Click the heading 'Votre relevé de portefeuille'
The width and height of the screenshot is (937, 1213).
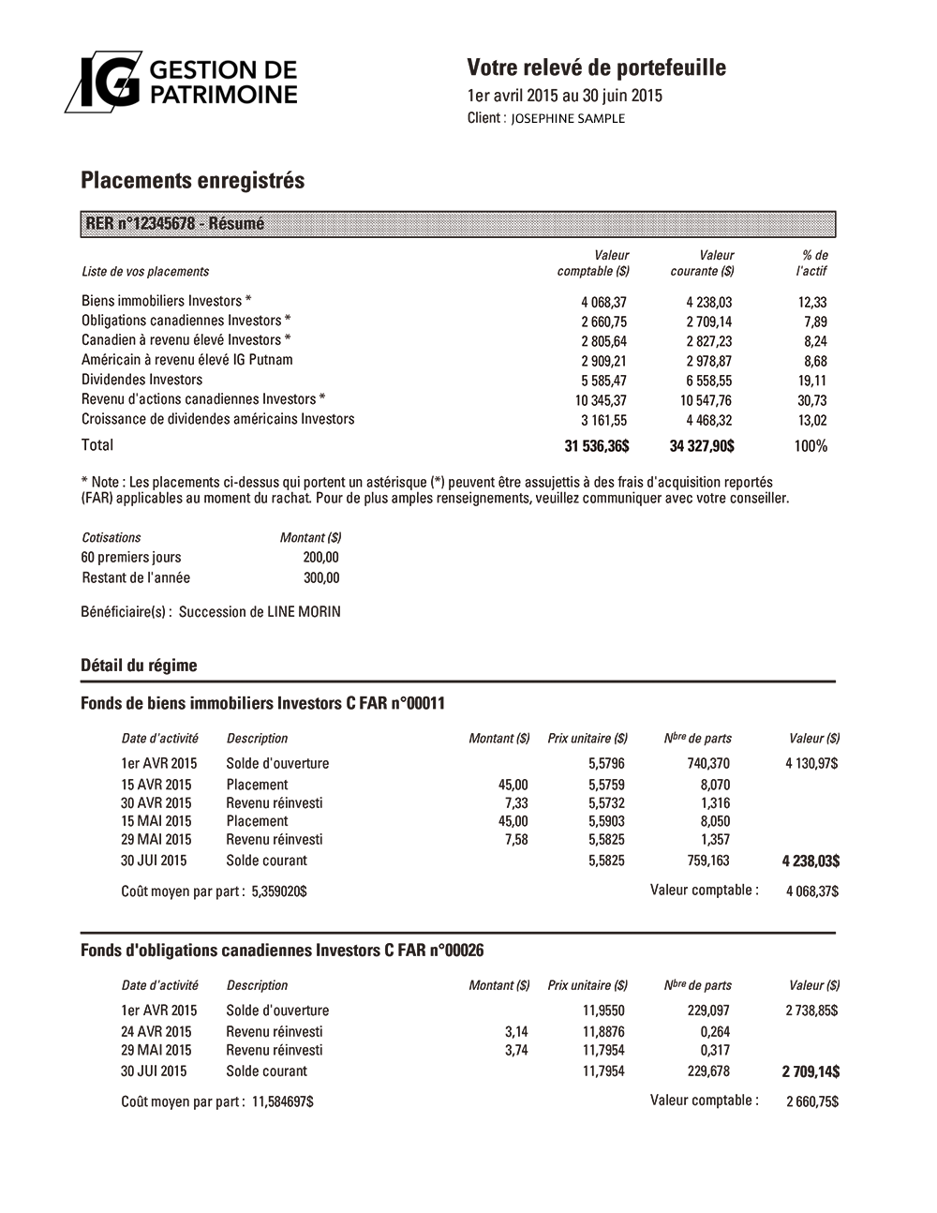596,67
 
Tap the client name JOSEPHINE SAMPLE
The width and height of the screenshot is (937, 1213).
568,118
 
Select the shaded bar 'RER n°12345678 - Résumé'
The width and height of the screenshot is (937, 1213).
457,224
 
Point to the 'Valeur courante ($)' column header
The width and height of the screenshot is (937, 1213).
702,263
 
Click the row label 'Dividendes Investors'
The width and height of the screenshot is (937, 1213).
141,380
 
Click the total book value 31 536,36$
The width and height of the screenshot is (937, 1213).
596,446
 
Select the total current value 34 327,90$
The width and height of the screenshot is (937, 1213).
702,446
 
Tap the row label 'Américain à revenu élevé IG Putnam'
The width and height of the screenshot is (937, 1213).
186,360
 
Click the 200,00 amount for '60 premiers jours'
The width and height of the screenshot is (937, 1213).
321,558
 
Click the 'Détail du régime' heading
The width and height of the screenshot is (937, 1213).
139,666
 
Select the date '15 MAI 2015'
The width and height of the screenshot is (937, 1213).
156,821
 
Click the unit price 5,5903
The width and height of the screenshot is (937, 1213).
606,821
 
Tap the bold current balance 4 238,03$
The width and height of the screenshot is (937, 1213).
811,861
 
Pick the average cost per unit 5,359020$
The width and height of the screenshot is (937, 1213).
279,891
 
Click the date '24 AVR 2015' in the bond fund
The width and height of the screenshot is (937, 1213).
156,1032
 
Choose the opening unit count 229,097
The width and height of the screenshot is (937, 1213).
707,1011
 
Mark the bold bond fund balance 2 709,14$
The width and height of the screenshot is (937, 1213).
811,1071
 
